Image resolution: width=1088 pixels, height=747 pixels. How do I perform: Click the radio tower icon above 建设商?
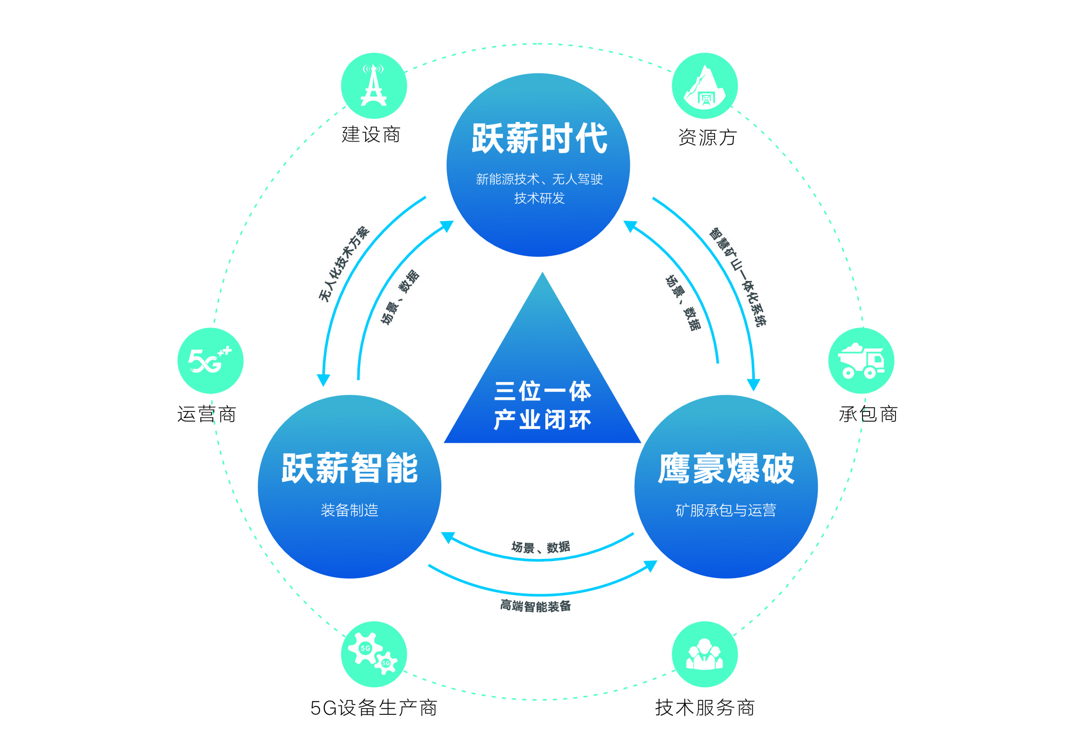[373, 86]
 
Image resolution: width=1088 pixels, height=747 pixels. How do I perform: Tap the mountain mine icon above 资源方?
[705, 86]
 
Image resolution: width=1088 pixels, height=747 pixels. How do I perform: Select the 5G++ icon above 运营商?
[210, 361]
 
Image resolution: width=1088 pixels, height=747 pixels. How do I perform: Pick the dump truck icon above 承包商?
[861, 361]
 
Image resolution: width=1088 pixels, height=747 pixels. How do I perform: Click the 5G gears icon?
[373, 654]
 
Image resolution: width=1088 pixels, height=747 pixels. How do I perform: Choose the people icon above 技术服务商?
[705, 654]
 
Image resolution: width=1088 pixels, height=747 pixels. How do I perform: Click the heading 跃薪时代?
[540, 138]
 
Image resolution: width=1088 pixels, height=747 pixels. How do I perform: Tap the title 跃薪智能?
[349, 468]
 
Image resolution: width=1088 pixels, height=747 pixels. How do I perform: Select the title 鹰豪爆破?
[726, 468]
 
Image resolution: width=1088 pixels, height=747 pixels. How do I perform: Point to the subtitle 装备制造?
[349, 510]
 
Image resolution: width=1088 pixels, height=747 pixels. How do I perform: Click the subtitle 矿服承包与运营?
[726, 510]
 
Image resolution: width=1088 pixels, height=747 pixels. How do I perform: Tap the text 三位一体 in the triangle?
[543, 391]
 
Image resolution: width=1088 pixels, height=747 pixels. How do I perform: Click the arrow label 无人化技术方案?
[344, 264]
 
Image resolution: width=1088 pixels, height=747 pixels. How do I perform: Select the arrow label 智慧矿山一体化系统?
[737, 277]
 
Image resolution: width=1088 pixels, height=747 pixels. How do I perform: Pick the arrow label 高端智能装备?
[536, 606]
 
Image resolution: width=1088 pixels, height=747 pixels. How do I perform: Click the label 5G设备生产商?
[373, 708]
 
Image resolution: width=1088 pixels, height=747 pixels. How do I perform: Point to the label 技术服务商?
[705, 708]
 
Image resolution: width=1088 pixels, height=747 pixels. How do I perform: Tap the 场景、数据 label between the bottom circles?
[541, 547]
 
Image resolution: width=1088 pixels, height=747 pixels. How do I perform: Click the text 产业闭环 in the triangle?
[543, 420]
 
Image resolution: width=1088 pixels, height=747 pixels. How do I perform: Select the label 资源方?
[707, 138]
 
